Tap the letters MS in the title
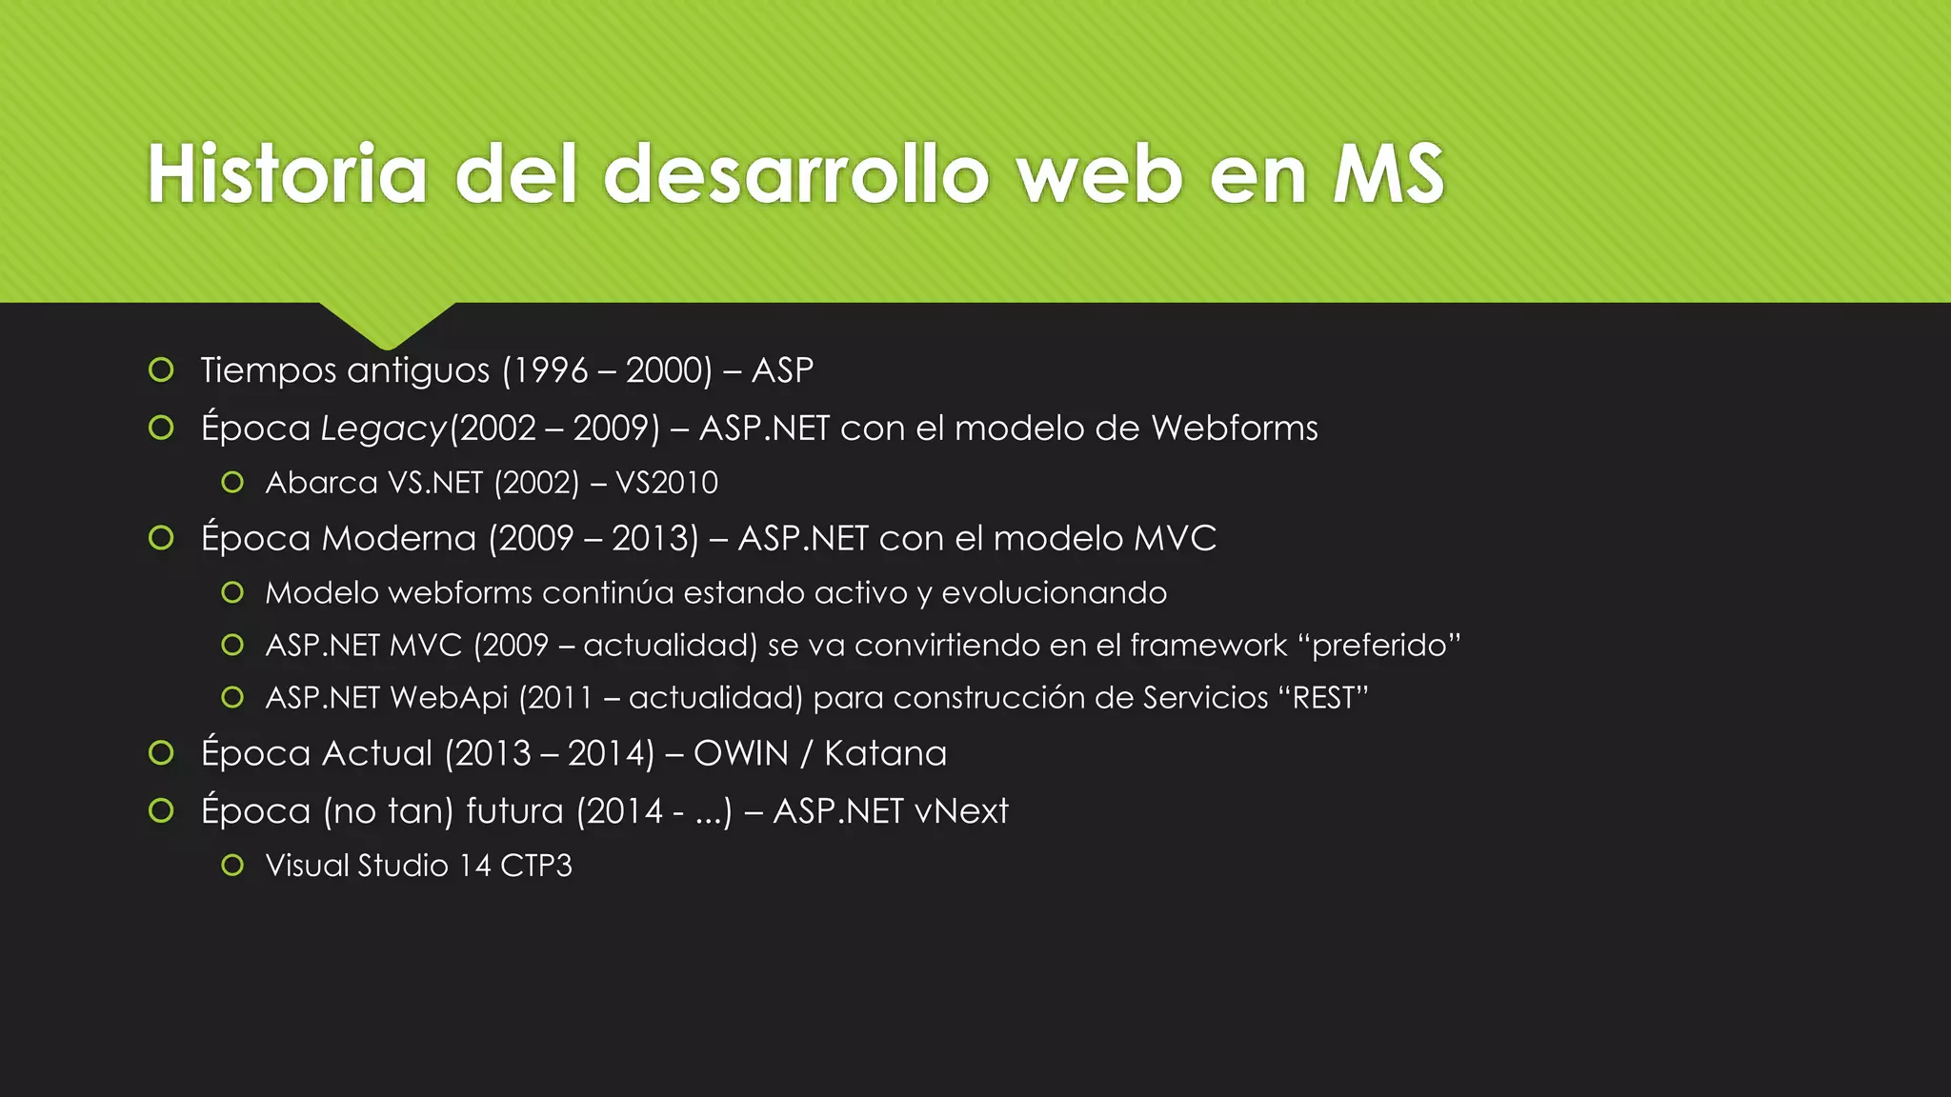click(x=1389, y=174)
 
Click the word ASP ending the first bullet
click(x=782, y=369)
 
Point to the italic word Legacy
click(x=383, y=429)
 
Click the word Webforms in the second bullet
click(x=1234, y=428)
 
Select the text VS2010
click(x=666, y=483)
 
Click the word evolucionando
click(x=1054, y=592)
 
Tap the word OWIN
click(x=741, y=753)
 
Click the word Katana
click(x=885, y=753)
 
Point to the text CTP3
click(x=535, y=866)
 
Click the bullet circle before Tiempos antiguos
click(x=161, y=369)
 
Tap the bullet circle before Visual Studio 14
click(x=232, y=865)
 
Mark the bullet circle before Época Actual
click(x=161, y=753)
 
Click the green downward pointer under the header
click(x=387, y=324)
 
